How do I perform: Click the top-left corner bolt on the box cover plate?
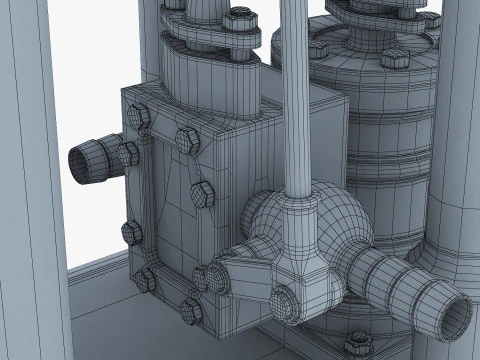coord(140,118)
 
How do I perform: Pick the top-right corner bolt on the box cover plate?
coord(186,139)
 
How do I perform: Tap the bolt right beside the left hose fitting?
coord(127,154)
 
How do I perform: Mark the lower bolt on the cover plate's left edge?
coord(131,233)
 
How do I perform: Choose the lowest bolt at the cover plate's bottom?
coord(190,309)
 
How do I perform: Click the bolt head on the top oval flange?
coord(240,21)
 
